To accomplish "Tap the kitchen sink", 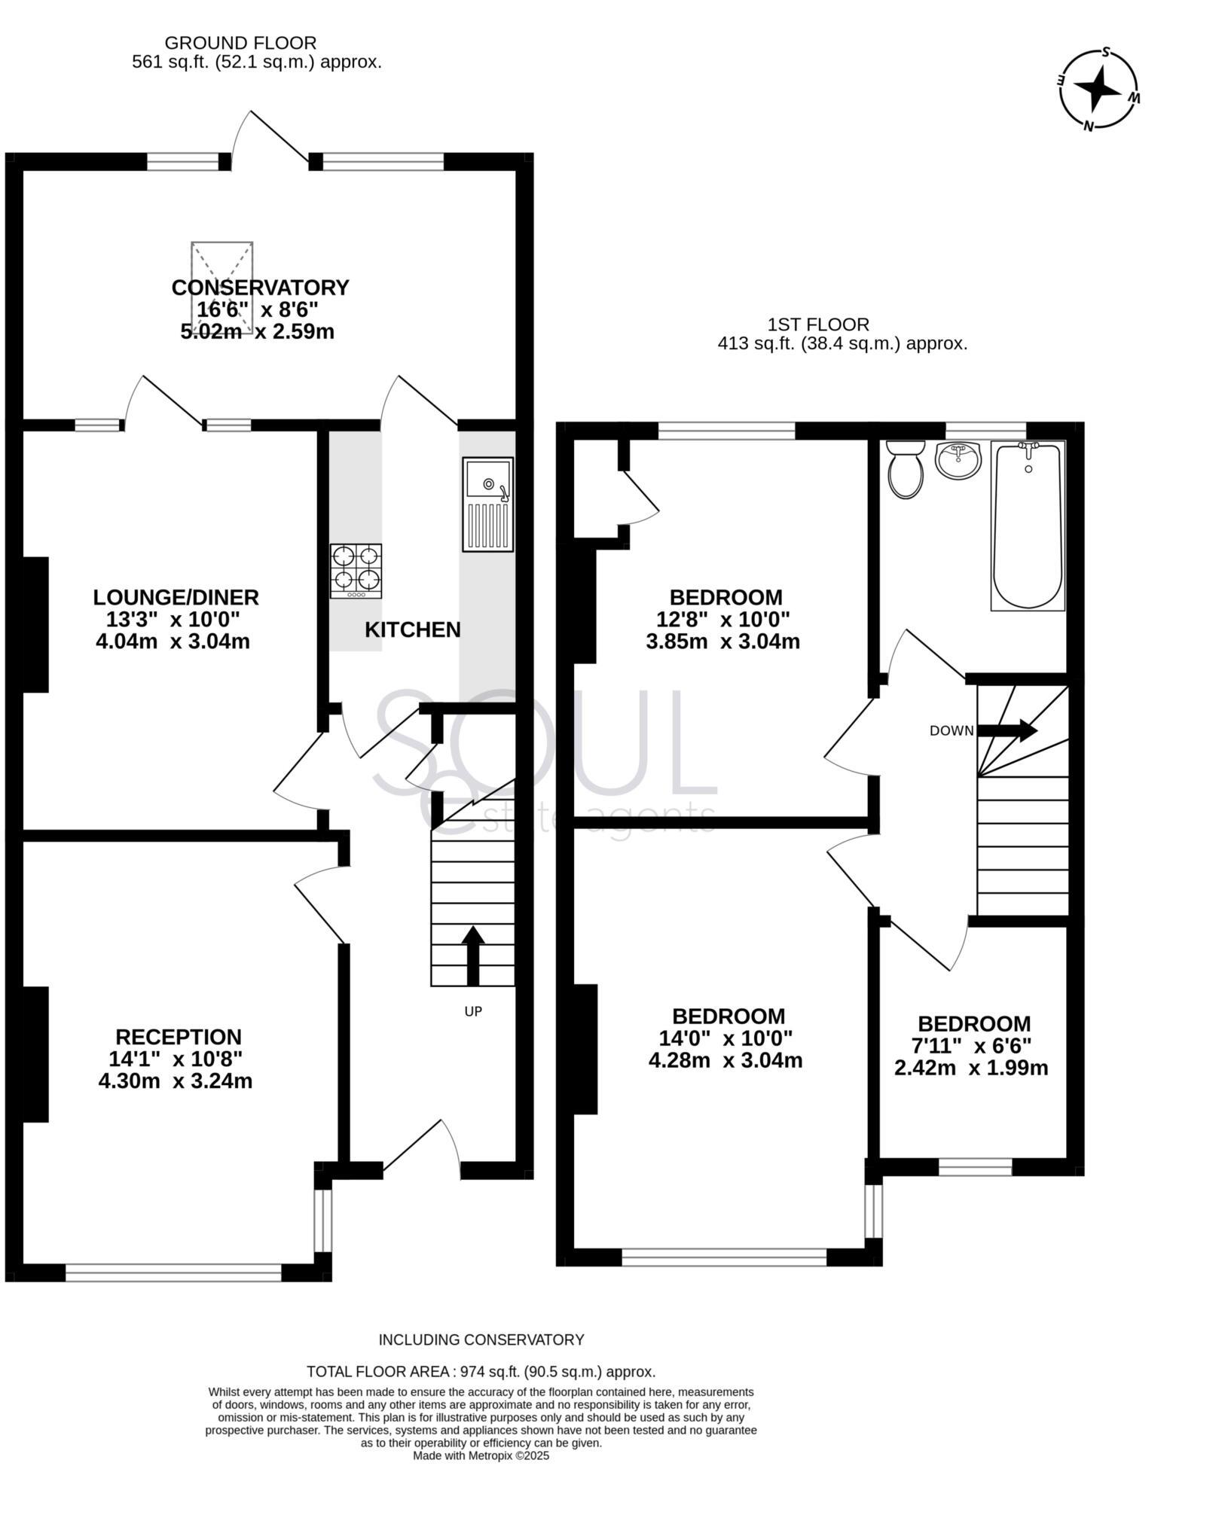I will [x=487, y=504].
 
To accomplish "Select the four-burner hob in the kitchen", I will [x=356, y=571].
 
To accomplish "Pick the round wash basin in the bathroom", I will [x=958, y=460].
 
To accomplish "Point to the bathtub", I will [x=1028, y=525].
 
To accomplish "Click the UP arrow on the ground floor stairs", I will [x=472, y=955].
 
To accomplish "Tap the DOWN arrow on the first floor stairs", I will [x=1007, y=730].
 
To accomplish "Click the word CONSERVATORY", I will [x=260, y=288].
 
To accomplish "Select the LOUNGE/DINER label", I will [x=176, y=597].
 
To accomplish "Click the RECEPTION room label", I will [x=179, y=1037].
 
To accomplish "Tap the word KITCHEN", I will [x=412, y=629].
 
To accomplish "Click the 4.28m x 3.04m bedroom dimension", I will [x=725, y=1060].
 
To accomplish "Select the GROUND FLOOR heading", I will [x=240, y=43].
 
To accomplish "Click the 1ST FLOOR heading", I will [x=818, y=325].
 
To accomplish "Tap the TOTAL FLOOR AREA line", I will [x=481, y=1371].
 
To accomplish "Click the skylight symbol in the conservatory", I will [x=221, y=287].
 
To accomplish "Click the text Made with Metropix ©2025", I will [x=481, y=1455].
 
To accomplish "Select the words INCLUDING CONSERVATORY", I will [x=481, y=1340].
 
